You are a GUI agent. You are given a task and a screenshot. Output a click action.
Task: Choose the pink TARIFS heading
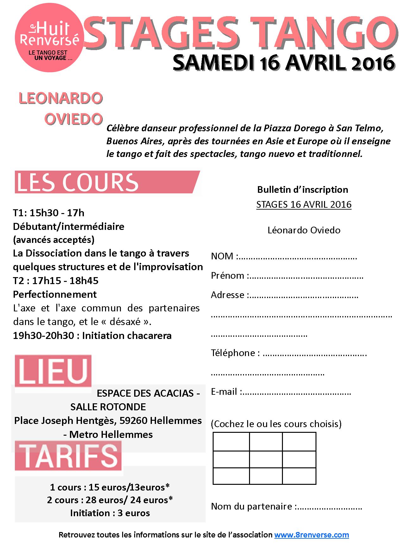pyautogui.click(x=68, y=455)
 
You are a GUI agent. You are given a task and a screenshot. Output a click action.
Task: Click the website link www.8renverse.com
pyautogui.click(x=311, y=535)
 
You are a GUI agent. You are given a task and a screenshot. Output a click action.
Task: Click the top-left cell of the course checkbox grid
pyautogui.click(x=231, y=441)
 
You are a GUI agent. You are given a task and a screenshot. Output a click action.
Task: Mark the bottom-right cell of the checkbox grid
pyautogui.click(x=299, y=476)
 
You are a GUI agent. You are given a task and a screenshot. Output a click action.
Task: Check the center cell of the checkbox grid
pyautogui.click(x=266, y=459)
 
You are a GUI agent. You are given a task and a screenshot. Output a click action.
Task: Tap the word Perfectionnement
pyautogui.click(x=55, y=294)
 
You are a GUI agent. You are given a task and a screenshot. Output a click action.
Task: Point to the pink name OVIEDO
pyautogui.click(x=73, y=119)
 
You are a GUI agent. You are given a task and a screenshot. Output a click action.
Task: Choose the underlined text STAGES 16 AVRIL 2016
pyautogui.click(x=304, y=205)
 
